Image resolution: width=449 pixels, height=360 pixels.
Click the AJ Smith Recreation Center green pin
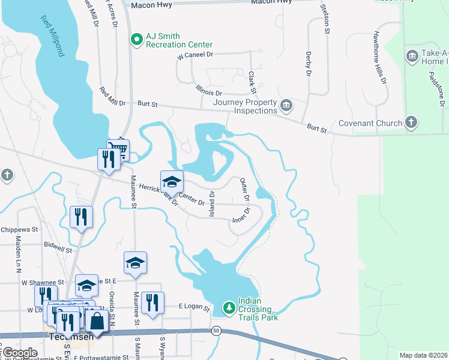(x=137, y=40)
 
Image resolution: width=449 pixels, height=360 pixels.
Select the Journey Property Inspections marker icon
(x=286, y=106)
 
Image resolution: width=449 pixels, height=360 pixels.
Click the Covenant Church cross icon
(x=411, y=123)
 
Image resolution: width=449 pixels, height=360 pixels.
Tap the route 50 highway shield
(x=215, y=331)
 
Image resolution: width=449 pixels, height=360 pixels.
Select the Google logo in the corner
(x=19, y=352)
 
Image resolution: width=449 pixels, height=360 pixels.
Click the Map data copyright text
(x=423, y=355)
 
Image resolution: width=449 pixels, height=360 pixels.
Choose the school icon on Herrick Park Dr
(x=172, y=182)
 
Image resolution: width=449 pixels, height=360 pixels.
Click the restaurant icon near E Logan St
(x=152, y=303)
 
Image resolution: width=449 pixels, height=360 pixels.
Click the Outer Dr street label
(x=244, y=189)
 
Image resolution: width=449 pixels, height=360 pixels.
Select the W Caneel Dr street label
(x=196, y=56)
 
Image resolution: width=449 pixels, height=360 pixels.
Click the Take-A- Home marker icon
(x=412, y=57)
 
